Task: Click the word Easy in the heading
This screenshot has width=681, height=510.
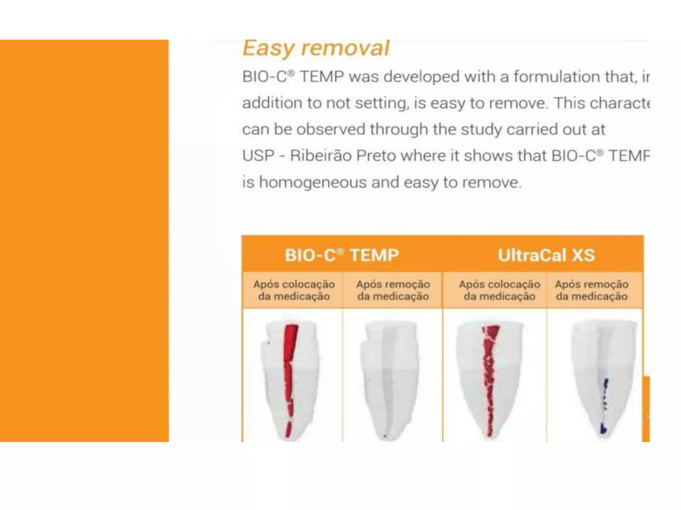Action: (269, 49)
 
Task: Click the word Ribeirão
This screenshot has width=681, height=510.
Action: (321, 156)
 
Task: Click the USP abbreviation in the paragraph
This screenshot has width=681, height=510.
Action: (258, 156)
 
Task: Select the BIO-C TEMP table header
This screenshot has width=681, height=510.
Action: (342, 255)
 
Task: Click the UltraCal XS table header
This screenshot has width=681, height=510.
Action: (546, 255)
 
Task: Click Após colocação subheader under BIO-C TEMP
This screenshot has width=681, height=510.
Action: (294, 290)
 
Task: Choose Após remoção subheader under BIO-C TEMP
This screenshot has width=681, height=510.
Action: (393, 290)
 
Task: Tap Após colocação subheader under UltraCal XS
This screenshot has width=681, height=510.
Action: (499, 290)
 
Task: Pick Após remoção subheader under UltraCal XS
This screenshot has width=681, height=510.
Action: (592, 290)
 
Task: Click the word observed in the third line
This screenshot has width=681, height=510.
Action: (333, 129)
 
